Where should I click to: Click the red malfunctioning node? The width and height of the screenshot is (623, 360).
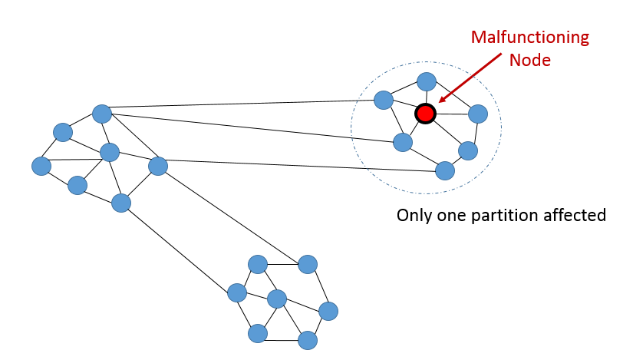[x=425, y=114]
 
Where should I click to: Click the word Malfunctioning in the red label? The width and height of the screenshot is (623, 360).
[x=529, y=38]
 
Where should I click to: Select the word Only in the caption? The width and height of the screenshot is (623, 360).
[x=415, y=215]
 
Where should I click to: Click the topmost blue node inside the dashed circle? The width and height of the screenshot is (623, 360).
[x=427, y=81]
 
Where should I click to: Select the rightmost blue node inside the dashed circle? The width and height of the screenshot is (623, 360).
[x=478, y=114]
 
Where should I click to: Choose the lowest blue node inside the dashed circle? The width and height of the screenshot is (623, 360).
[x=444, y=170]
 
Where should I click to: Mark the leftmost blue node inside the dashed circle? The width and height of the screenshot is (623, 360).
[x=383, y=100]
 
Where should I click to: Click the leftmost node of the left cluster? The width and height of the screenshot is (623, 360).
[x=41, y=165]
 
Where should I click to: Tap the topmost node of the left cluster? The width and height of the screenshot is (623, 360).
[x=102, y=114]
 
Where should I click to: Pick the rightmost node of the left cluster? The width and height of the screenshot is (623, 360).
[x=157, y=165]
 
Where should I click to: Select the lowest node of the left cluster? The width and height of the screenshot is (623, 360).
[x=121, y=203]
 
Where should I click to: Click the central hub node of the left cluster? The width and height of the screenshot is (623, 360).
[x=110, y=152]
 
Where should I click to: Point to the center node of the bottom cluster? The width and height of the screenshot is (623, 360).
[x=277, y=298]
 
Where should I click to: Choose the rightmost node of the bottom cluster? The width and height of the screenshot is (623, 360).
[x=328, y=311]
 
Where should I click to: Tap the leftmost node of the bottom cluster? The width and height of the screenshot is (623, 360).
[x=237, y=292]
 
